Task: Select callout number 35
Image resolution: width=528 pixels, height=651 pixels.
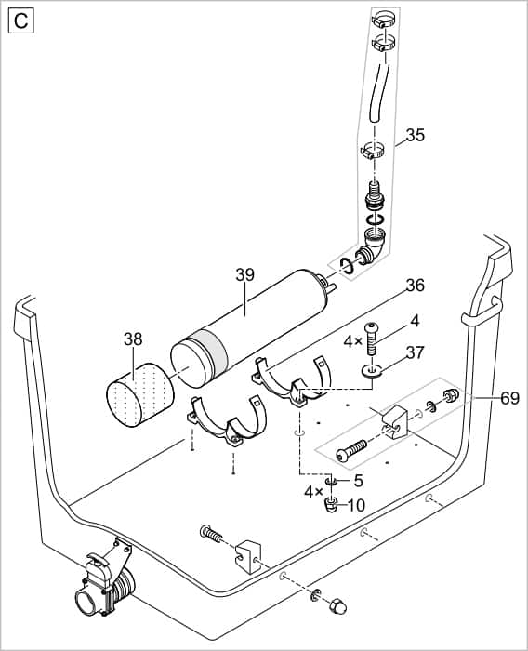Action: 415,135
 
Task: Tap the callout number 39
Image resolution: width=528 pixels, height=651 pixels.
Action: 244,275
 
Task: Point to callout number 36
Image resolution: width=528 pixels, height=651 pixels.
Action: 414,286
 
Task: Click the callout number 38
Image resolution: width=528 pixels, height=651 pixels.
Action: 134,340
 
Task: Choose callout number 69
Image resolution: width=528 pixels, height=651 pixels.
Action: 508,398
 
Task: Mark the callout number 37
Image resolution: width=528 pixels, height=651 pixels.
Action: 415,352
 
